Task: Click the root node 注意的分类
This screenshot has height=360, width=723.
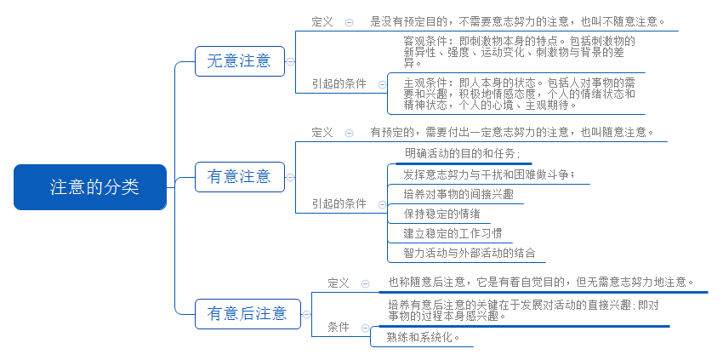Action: [90, 187]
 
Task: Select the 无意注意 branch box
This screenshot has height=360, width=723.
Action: [240, 61]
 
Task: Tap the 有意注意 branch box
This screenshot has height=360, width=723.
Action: [240, 177]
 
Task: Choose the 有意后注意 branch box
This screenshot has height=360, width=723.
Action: [248, 314]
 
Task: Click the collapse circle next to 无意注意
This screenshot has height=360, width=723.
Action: [290, 61]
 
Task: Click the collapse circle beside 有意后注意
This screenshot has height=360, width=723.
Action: [306, 314]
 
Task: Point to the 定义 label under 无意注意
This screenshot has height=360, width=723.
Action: [322, 21]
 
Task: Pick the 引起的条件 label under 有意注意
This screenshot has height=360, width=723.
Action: [339, 203]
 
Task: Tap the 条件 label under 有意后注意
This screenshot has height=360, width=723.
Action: [339, 327]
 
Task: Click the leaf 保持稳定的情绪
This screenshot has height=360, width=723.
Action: [441, 214]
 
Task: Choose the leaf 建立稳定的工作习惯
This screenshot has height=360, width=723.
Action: [453, 233]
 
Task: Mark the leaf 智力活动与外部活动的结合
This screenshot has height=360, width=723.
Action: [470, 253]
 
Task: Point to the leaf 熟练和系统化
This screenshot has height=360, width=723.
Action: [424, 337]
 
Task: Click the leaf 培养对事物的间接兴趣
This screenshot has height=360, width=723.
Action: [458, 194]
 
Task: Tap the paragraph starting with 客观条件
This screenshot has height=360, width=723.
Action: [519, 52]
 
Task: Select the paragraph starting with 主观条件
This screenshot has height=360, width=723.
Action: [519, 94]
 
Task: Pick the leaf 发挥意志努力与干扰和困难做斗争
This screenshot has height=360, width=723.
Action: [489, 175]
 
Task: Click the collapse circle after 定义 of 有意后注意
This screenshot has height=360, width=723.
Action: [365, 284]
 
